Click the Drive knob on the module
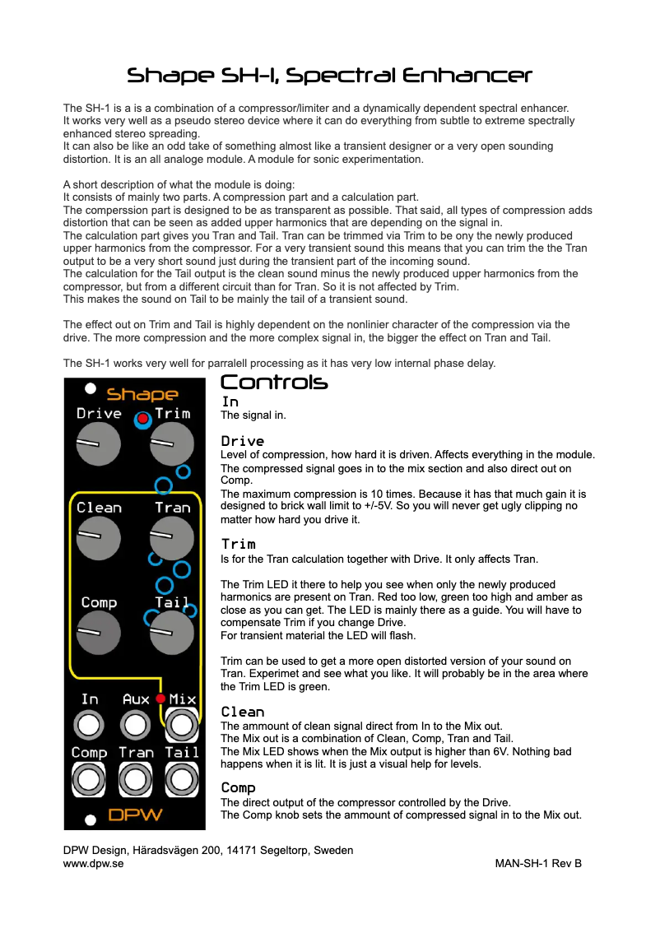[x=99, y=444]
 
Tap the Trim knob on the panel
[x=172, y=444]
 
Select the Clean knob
[x=99, y=538]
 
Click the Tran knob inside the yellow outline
[x=172, y=538]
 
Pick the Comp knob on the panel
[x=99, y=633]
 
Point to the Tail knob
[x=172, y=633]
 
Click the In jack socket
[x=90, y=726]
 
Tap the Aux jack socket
[x=135, y=726]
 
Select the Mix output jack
[x=181, y=726]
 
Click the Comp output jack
[x=90, y=778]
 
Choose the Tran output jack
[x=135, y=778]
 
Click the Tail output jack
[x=181, y=778]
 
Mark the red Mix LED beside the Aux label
[x=160, y=699]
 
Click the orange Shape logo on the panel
[x=142, y=395]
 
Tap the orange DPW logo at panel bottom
[x=136, y=816]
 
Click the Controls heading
[x=274, y=383]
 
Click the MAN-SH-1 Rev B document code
[x=538, y=864]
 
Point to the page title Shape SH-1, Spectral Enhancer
[x=329, y=77]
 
